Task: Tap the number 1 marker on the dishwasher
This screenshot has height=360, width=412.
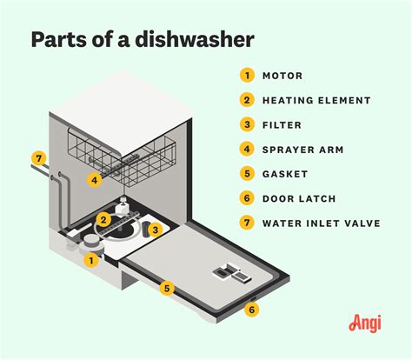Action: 90,258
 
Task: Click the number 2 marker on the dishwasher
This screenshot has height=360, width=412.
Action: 103,219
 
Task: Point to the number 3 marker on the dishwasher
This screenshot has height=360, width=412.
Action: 156,230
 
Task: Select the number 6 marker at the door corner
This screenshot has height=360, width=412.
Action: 252,309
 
